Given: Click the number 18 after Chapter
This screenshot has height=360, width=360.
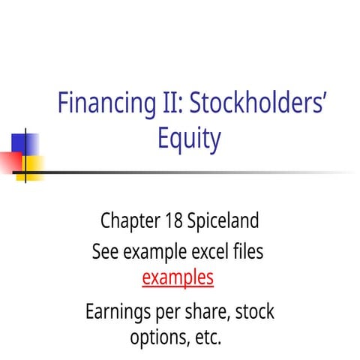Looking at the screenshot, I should [171, 222].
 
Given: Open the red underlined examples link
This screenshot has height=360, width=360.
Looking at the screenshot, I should [178, 278].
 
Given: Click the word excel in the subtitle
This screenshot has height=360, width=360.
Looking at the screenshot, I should [201, 252].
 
